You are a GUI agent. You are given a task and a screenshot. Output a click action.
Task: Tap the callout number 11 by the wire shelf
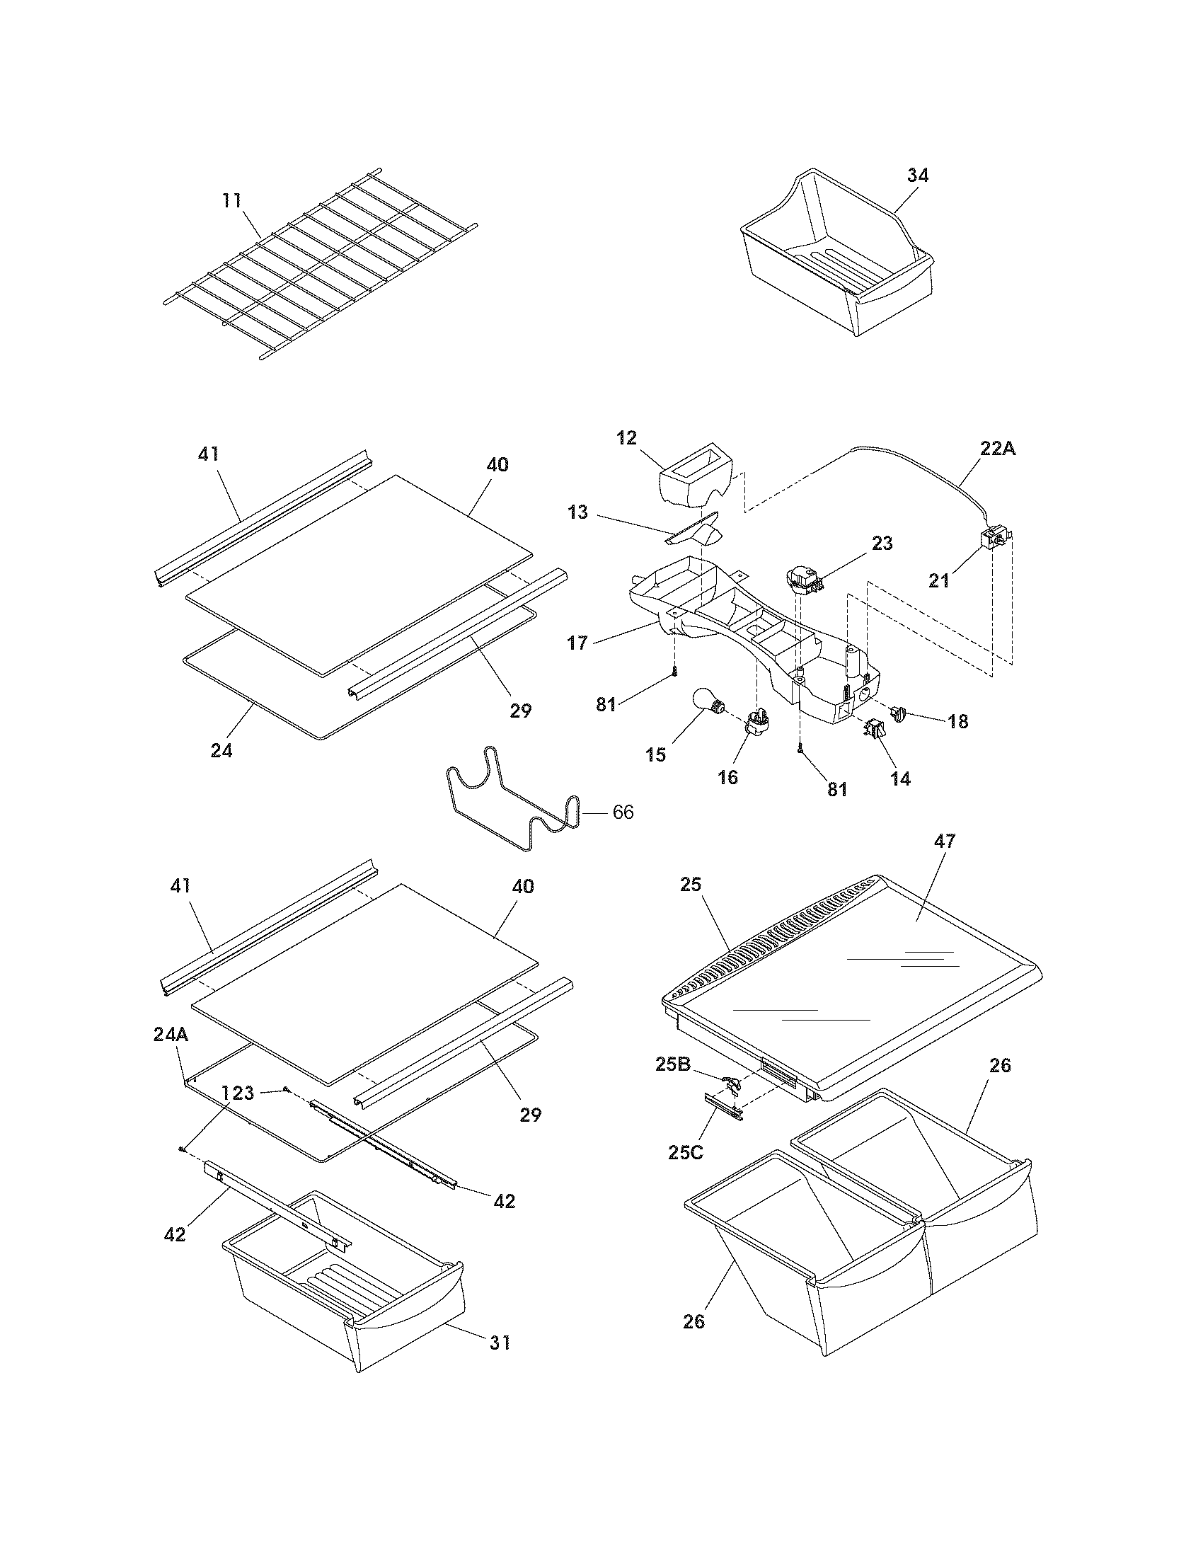point(231,200)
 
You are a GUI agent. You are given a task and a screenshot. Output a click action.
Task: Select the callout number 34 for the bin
point(917,176)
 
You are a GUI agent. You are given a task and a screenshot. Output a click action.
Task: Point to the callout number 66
point(623,812)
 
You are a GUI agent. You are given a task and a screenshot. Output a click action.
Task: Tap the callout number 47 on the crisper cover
point(944,841)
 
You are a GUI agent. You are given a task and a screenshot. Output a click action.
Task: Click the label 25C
point(686,1152)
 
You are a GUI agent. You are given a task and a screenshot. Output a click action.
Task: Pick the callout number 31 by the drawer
point(500,1343)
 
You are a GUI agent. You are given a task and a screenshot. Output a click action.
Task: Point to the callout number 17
point(577,643)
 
